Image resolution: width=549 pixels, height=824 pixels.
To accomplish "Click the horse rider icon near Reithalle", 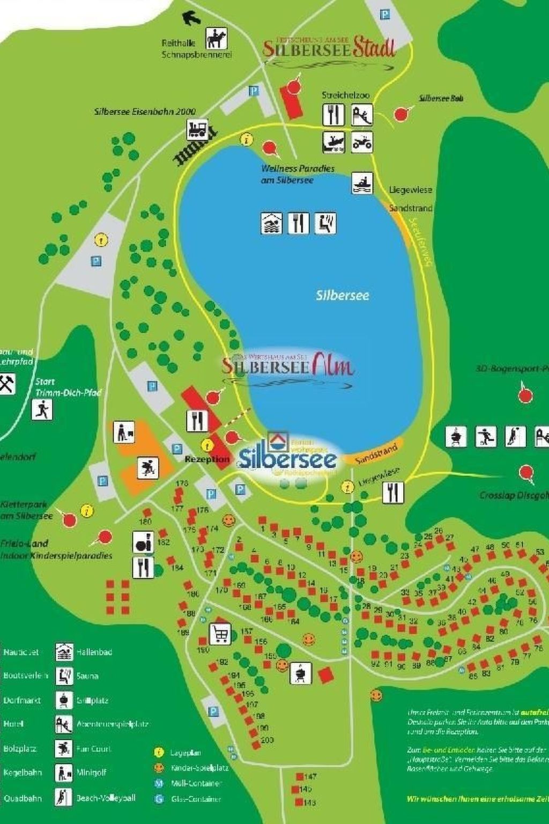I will pos(217,39).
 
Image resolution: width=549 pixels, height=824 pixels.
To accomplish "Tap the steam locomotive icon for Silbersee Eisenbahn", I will pos(197,130).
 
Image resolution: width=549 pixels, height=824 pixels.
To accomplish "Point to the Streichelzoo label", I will pos(345,95).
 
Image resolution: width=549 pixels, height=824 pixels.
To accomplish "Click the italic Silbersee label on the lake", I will pos(342,295).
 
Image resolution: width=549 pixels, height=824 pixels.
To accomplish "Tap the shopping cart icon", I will pos(220,634).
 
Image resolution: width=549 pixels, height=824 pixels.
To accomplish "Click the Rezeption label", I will pos(207,459).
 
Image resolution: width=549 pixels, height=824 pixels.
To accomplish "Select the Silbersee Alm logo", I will pos(288,366).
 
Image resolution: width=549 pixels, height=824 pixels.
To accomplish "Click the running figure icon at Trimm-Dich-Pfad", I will pos(42,410).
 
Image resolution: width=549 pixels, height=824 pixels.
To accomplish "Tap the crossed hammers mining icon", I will pos(7,384).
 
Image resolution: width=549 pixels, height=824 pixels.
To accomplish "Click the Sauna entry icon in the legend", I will pos(64,675).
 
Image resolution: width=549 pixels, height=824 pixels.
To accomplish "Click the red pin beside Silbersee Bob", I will pos(400,114).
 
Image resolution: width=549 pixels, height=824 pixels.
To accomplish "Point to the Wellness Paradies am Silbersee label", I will pos(298,174).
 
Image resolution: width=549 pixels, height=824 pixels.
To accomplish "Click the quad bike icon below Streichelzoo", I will pos(362,143).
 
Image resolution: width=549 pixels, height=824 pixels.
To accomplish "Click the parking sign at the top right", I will pos(385,14).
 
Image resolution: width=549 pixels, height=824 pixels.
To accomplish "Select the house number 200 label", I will pos(266,740).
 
